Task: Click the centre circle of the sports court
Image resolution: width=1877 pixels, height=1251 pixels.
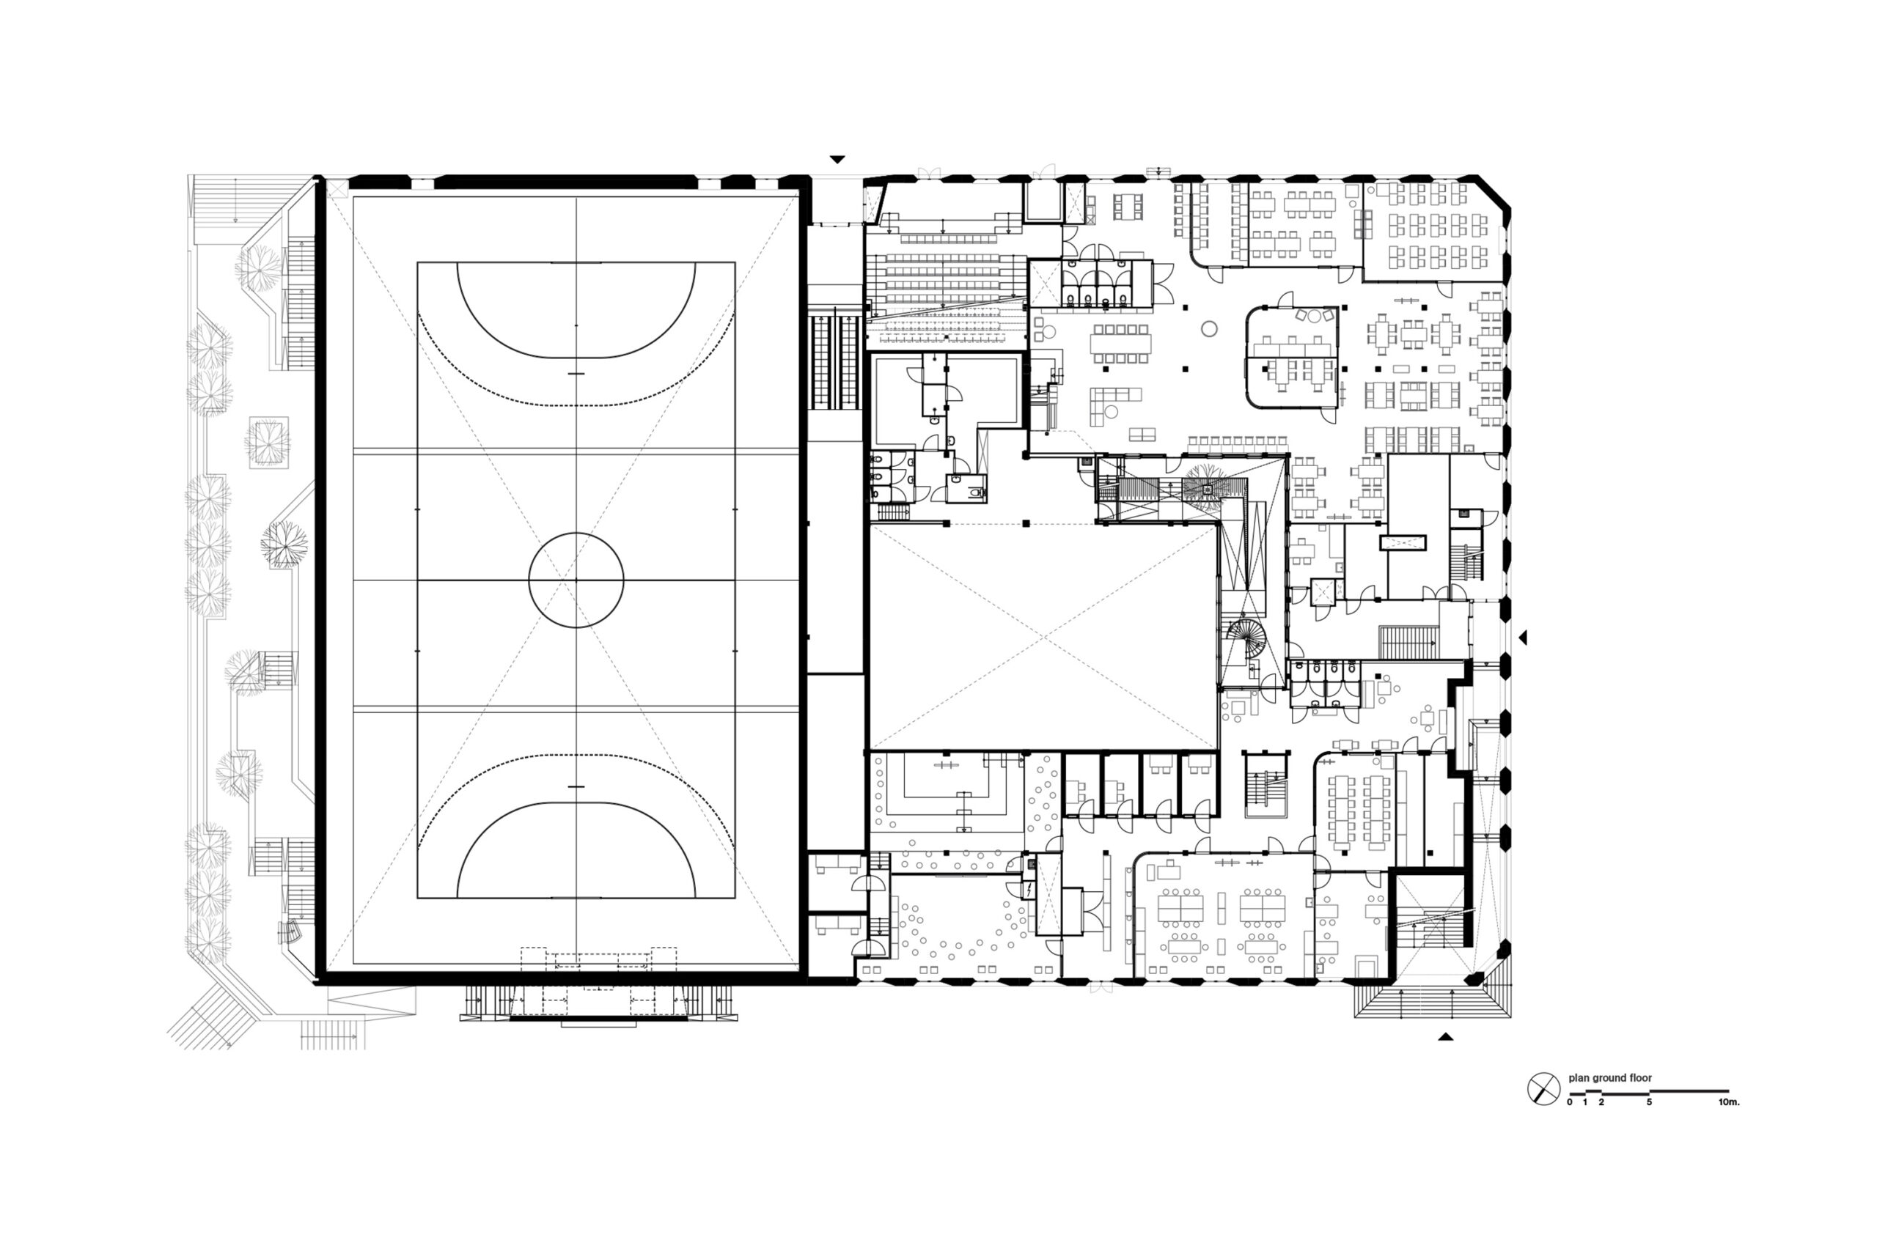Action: click(576, 580)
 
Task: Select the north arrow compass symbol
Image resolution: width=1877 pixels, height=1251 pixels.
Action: click(1543, 1088)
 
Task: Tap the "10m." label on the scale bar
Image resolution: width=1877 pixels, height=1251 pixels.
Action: click(1729, 1101)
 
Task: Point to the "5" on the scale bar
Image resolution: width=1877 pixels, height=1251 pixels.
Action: click(1649, 1101)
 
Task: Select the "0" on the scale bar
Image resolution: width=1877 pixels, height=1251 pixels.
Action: click(1570, 1101)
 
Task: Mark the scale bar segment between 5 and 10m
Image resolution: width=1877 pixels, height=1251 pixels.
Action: click(1689, 1091)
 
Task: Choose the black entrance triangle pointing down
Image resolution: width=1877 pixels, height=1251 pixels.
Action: click(837, 160)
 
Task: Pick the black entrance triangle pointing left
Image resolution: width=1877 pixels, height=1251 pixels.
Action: click(1522, 637)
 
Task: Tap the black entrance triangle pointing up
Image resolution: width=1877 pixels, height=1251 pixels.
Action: click(1445, 1037)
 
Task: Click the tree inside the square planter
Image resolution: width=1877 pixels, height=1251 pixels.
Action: click(268, 441)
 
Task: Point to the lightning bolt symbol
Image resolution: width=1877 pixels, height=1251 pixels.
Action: click(1031, 889)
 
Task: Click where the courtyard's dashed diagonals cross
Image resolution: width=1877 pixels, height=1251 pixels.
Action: click(1043, 637)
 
